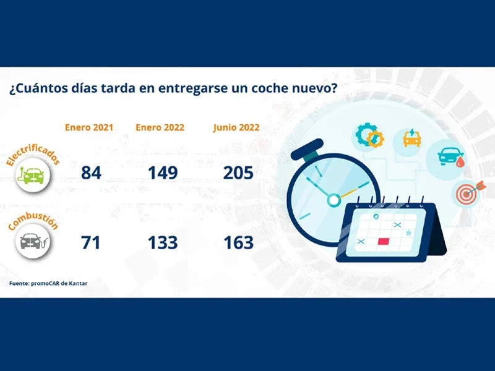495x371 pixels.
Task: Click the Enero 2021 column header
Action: tap(89, 127)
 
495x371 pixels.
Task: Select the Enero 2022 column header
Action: tap(160, 127)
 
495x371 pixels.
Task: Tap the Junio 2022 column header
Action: tap(236, 127)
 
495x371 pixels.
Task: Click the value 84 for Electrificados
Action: tap(91, 173)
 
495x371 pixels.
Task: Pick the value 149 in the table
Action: tap(163, 173)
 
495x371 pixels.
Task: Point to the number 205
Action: tap(238, 173)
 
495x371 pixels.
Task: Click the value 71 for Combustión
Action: tap(90, 242)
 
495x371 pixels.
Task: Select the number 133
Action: tap(163, 242)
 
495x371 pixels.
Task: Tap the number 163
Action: tap(239, 242)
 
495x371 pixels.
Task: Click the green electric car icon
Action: tap(33, 175)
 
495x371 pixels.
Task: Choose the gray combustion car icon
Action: tap(33, 242)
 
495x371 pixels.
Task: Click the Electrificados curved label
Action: tap(33, 155)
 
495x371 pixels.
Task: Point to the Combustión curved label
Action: tap(33, 220)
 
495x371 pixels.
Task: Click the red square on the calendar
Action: tap(384, 241)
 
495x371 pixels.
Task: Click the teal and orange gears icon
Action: tap(369, 135)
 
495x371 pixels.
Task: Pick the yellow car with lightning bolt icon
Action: tap(412, 138)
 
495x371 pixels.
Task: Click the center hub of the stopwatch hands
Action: tap(334, 200)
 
